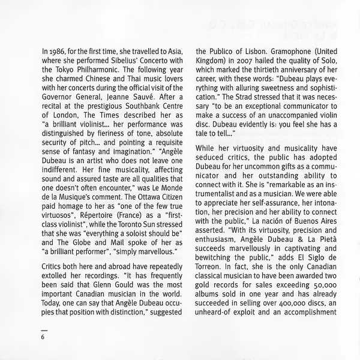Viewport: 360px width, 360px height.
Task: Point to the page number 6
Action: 43,335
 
